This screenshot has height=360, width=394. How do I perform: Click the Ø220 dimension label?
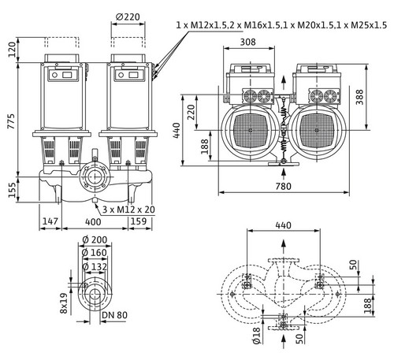click(128, 17)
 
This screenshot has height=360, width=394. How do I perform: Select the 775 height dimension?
click(11, 121)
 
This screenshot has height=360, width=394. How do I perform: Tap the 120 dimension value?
click(12, 50)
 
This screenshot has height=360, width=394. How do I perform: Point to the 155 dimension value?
click(12, 190)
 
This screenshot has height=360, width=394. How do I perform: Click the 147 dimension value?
click(50, 221)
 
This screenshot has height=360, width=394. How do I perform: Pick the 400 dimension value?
click(93, 222)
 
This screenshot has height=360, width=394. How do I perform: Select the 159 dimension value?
click(139, 221)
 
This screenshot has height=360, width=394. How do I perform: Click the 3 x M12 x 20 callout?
click(128, 210)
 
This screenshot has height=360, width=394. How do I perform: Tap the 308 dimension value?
click(247, 42)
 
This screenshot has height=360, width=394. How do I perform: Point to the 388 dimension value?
click(359, 97)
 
